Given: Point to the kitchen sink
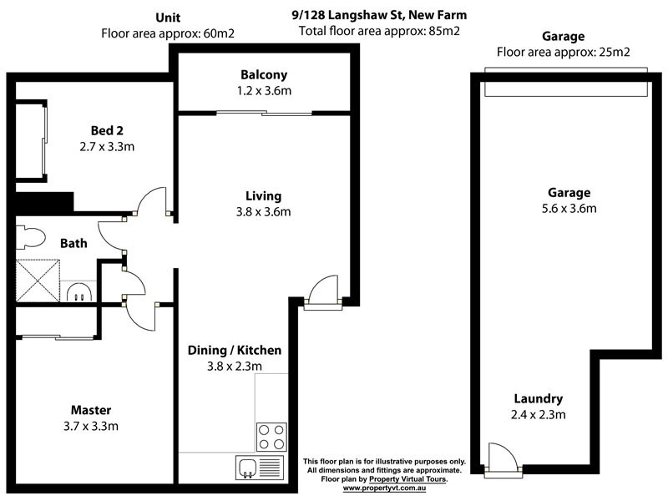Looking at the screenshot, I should point(249,468).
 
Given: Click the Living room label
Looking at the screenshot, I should point(262,196).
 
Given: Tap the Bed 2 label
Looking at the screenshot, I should point(107,130).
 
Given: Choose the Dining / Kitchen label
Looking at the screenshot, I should point(234,350).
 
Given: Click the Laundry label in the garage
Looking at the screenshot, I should point(538,399).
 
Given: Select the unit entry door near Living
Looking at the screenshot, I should point(321,291).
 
